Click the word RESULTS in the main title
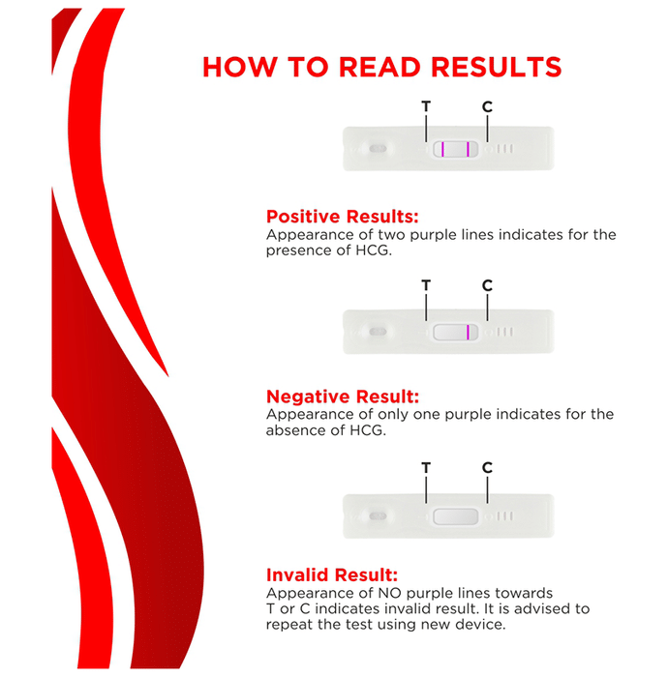tap(497, 67)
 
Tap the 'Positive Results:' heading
tap(342, 217)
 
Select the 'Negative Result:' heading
tap(343, 397)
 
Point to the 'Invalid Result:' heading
tap(332, 574)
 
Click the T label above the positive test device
tap(426, 106)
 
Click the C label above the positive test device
tap(487, 106)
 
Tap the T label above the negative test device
tap(426, 285)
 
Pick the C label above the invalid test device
tap(487, 467)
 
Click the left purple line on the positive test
tap(442, 149)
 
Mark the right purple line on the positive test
tap(468, 149)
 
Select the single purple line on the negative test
tap(468, 333)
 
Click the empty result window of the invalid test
tap(455, 516)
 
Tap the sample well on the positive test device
tap(379, 149)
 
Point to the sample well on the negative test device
tap(379, 332)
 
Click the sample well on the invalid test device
tap(379, 515)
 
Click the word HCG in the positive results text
tap(374, 250)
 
